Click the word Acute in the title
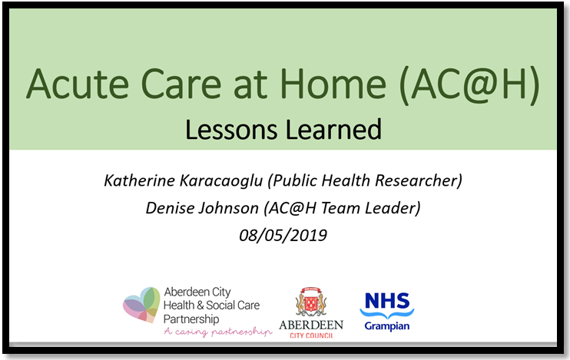coord(78,84)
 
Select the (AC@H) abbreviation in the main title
coord(469,86)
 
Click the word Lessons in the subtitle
coord(231,130)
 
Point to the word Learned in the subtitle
coord(333,130)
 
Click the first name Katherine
coord(139,180)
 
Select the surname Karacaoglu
coord(221,181)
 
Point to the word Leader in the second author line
coord(393,208)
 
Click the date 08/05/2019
coord(283,236)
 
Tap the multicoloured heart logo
coord(141,305)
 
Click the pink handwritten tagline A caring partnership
coord(217,332)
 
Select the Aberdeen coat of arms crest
coord(311,302)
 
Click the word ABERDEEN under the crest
coord(311,325)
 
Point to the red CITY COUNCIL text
coord(312,335)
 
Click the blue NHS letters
coord(387,301)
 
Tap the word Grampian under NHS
coord(387,326)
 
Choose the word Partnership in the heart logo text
coord(191,319)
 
